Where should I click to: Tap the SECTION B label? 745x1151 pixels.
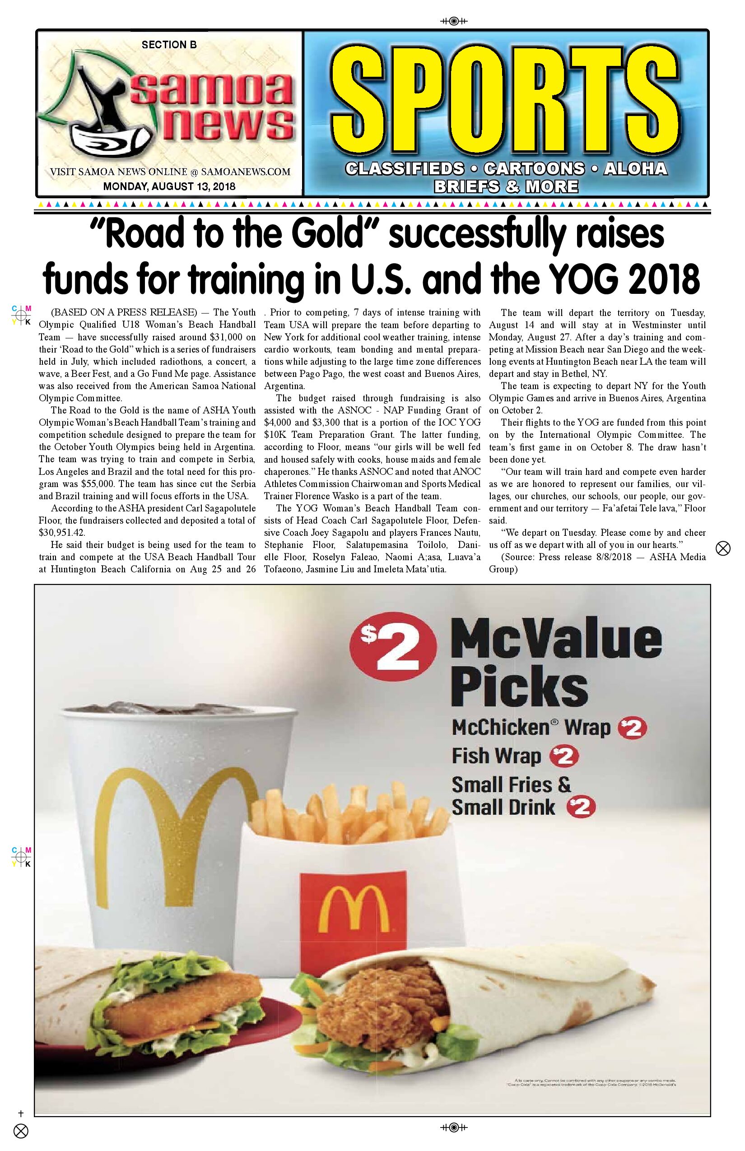[x=169, y=45]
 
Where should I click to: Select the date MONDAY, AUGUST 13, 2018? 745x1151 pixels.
[x=169, y=186]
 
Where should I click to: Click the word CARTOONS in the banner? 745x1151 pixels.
[x=534, y=169]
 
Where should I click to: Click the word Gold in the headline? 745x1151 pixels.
[x=323, y=235]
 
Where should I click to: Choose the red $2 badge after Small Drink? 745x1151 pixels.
[x=581, y=808]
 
